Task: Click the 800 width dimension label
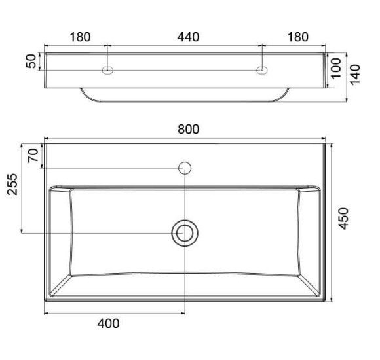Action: click(188, 129)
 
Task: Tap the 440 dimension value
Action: click(188, 37)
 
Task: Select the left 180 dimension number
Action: click(80, 37)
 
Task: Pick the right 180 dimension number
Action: click(297, 37)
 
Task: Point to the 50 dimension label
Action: click(31, 62)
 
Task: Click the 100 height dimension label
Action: click(336, 69)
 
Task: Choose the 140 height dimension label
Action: click(355, 75)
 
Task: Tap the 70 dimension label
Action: click(33, 155)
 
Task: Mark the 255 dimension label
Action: click(12, 184)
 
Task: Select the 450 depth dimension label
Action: click(343, 219)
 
